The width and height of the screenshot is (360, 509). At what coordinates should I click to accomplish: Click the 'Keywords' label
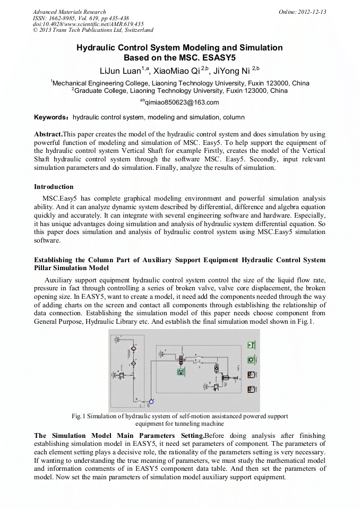point(52,117)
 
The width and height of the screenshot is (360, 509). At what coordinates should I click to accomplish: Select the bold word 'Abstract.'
point(48,135)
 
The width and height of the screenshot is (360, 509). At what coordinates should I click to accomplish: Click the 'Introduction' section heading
point(54,187)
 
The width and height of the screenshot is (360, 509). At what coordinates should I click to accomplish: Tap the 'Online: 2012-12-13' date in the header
point(302,12)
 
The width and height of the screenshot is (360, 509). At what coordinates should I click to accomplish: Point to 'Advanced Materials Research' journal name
point(69,12)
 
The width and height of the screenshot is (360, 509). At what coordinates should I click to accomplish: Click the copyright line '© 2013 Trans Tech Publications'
point(92,31)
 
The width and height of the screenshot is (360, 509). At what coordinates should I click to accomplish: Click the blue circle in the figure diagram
point(151,401)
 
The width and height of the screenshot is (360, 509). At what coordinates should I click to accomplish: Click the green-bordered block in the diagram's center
point(181,372)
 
